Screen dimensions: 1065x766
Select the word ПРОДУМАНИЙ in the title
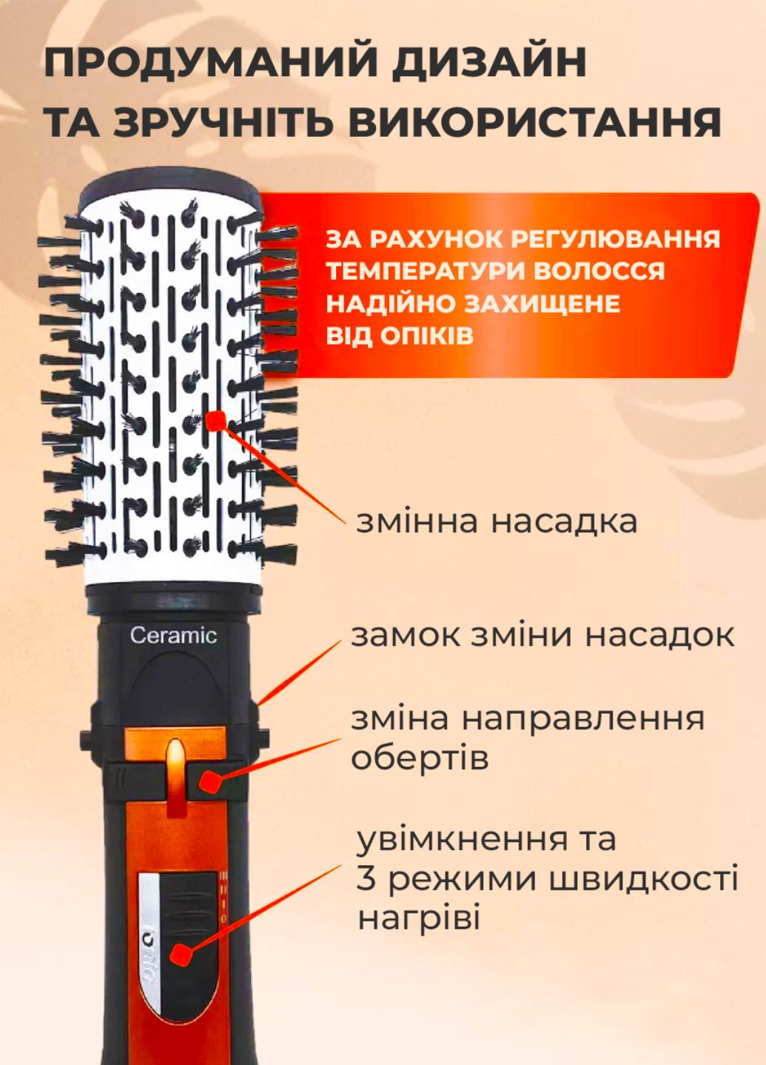211,63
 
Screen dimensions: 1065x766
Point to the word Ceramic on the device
173,635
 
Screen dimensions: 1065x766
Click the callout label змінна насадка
497,521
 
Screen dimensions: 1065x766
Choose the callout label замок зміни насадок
542,635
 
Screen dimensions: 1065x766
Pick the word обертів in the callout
420,758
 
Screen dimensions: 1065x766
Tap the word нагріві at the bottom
419,919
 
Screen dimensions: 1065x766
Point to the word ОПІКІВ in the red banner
426,336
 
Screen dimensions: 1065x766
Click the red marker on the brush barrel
215,422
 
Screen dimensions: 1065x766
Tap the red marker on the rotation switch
210,780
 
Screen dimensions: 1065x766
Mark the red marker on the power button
178,955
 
